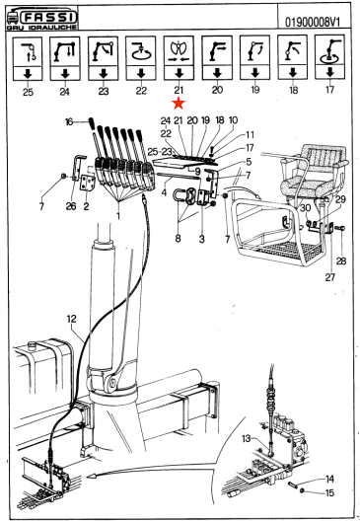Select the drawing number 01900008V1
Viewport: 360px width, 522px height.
tap(313, 23)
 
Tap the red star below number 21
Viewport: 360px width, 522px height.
tap(179, 104)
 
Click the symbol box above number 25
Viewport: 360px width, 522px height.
tap(28, 58)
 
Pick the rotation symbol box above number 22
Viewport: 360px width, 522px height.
tap(141, 58)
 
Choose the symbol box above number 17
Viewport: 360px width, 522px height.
tap(329, 57)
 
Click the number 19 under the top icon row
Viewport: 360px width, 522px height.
tap(254, 90)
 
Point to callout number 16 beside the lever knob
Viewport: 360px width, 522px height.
tap(69, 122)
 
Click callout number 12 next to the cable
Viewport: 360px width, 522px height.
tap(72, 319)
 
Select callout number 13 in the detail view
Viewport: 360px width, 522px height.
tap(247, 439)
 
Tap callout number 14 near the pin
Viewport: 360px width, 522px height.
tap(329, 479)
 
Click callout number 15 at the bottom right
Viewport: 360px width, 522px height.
tap(329, 492)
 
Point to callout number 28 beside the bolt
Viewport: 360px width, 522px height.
tap(341, 261)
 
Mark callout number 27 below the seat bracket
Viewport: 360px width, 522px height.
tap(330, 277)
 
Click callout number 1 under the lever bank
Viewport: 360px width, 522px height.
tap(118, 216)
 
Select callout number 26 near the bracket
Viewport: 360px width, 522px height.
tap(71, 206)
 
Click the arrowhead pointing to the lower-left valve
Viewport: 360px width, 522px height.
tap(92, 478)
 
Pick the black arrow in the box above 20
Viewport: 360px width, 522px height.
tap(217, 73)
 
